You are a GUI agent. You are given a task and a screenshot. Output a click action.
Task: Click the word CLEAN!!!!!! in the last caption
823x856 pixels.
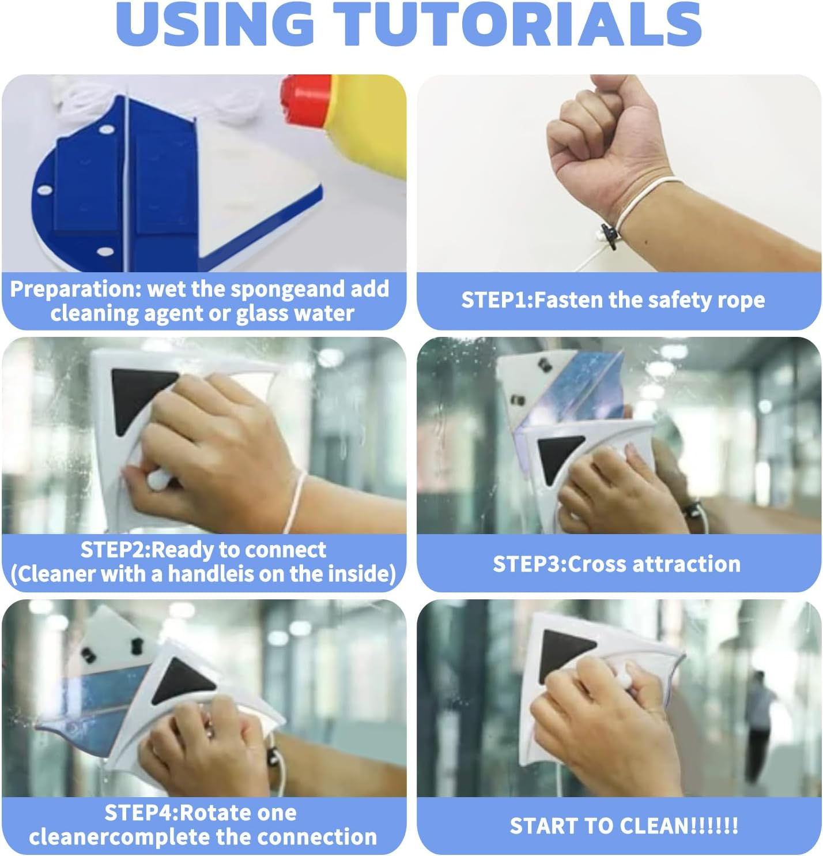[670, 825]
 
